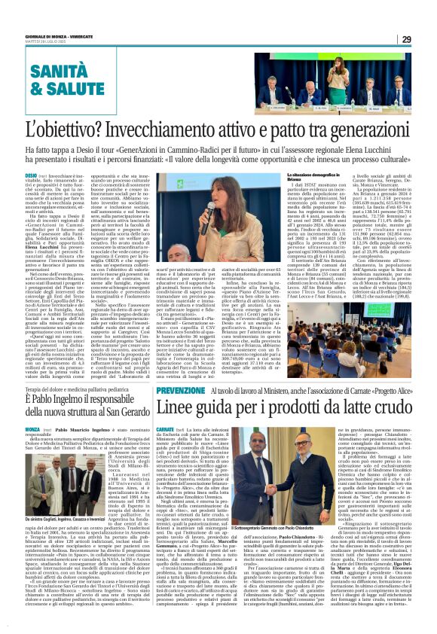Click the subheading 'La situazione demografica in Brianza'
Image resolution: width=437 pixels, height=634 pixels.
(315, 175)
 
